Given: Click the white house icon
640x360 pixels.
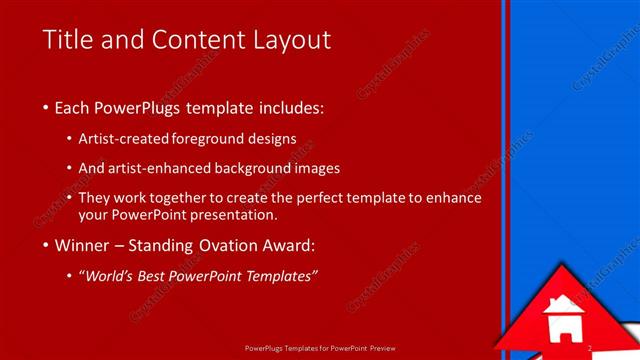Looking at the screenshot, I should tap(562, 320).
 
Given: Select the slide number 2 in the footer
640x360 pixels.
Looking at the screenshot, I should tap(591, 349).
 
